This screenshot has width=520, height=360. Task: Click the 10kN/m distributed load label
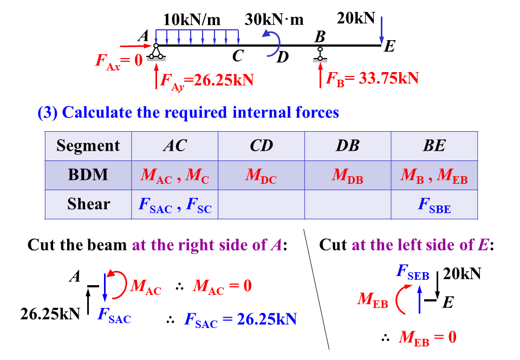click(x=192, y=20)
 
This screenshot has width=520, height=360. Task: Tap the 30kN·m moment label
click(x=274, y=20)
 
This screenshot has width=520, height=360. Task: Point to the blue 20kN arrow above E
click(x=382, y=30)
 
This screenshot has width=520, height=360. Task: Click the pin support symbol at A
click(x=156, y=52)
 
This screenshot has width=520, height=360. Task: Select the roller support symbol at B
click(x=320, y=53)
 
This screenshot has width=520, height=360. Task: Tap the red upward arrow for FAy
click(x=157, y=75)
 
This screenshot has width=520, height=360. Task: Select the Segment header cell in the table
click(x=88, y=146)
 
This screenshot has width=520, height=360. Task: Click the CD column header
click(x=261, y=146)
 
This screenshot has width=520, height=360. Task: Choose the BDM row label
click(x=88, y=175)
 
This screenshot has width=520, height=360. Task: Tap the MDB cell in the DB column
click(x=348, y=176)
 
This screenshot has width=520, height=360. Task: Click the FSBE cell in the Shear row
click(x=434, y=205)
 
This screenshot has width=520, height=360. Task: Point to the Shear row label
click(x=88, y=204)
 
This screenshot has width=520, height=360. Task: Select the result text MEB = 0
click(x=427, y=338)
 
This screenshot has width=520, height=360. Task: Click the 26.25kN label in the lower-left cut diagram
click(x=50, y=313)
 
